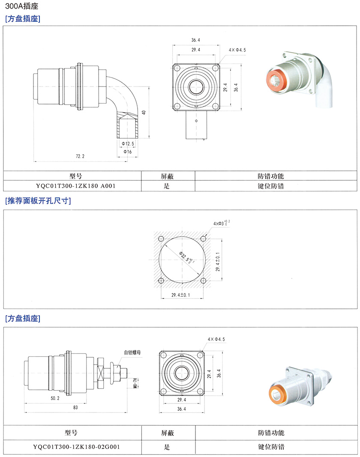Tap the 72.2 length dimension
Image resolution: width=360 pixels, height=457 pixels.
point(80,157)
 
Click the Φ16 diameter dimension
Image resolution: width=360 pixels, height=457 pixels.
point(127,152)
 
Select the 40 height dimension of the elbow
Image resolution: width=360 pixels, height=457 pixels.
point(144,112)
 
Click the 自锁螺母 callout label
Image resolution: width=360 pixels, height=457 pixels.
point(133,352)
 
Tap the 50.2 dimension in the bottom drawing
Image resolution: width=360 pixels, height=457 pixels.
point(54,398)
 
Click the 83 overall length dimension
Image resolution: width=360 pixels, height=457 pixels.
point(75,408)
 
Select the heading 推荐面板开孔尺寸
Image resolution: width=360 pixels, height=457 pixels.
point(37,201)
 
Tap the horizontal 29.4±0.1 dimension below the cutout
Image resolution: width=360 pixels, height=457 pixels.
point(181,295)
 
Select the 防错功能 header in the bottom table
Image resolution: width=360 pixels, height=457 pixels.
point(271,433)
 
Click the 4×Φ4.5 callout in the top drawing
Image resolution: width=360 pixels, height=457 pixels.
point(237,50)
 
